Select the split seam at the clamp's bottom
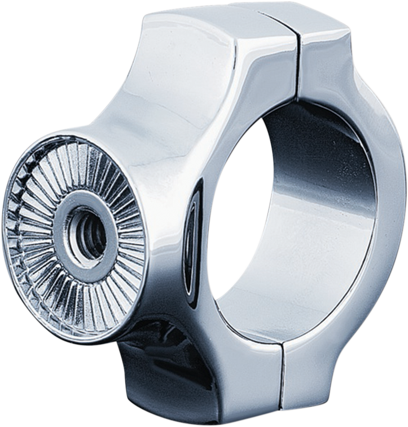click(x=282, y=374)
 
